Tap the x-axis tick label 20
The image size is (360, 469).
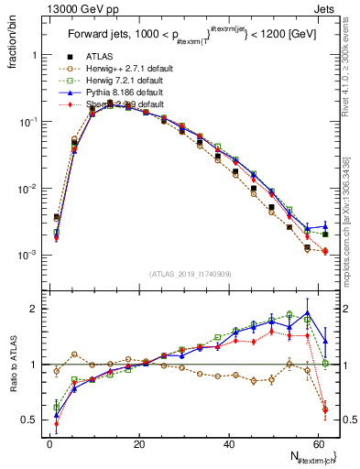tap(138, 444)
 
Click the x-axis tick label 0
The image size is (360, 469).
tap(49, 444)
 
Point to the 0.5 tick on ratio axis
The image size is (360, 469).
tap(30, 420)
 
